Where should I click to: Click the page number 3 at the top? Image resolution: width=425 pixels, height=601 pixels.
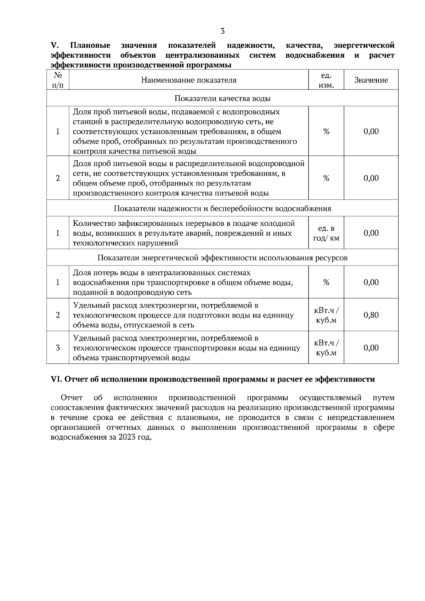pos(222,31)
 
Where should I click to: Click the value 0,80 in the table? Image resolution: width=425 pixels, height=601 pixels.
pos(371,315)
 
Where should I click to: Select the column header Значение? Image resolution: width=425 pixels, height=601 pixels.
pos(371,80)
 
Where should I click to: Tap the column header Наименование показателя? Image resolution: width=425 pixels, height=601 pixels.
pos(188,80)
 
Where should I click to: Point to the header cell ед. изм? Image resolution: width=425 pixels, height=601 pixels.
pos(326,80)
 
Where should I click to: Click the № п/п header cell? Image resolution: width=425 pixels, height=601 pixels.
pos(58,80)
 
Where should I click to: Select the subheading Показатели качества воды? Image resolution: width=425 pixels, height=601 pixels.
pos(222,98)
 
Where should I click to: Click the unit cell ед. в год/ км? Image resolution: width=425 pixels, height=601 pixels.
pos(326,233)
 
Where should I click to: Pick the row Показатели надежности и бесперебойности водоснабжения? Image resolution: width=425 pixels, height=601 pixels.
pos(222,208)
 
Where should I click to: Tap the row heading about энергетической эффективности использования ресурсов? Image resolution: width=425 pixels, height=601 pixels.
pos(222,258)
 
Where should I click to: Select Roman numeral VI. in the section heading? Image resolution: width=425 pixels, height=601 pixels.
pos(57,379)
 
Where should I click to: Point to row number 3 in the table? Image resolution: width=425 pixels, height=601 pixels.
pos(58,348)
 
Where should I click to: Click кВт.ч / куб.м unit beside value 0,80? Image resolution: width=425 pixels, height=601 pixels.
pos(326,315)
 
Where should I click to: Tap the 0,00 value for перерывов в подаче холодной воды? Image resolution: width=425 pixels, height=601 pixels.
pos(371,233)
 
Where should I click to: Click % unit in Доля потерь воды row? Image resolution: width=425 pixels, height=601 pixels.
pos(326,282)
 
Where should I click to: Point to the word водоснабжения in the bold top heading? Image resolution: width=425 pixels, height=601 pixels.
pos(314,55)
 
